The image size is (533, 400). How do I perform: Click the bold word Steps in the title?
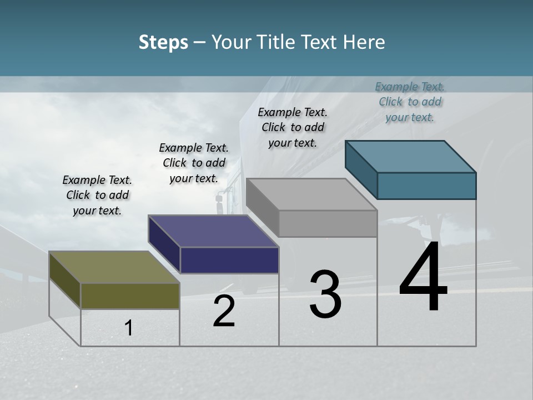[x=163, y=43]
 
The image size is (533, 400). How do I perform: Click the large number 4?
[x=423, y=278]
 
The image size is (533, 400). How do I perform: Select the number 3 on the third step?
[x=325, y=294]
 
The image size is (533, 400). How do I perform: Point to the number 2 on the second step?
[x=224, y=312]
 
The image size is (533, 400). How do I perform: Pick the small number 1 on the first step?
[x=129, y=328]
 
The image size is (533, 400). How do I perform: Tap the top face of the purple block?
[x=213, y=231]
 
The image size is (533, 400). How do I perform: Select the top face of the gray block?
[x=311, y=194]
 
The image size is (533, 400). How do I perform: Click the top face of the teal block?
[x=410, y=157]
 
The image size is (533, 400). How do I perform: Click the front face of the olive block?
[x=130, y=296]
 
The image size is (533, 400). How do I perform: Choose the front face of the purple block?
[x=229, y=260]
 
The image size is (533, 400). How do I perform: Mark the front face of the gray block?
[x=328, y=224]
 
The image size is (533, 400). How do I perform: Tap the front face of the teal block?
[x=426, y=186]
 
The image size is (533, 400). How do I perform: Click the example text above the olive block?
[x=97, y=195]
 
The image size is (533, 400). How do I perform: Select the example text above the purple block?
[x=194, y=163]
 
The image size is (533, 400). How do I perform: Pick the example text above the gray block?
[x=293, y=127]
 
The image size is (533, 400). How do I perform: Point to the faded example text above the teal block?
[x=410, y=102]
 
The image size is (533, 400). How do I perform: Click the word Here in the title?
[x=364, y=43]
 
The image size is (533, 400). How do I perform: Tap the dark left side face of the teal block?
[x=361, y=169]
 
